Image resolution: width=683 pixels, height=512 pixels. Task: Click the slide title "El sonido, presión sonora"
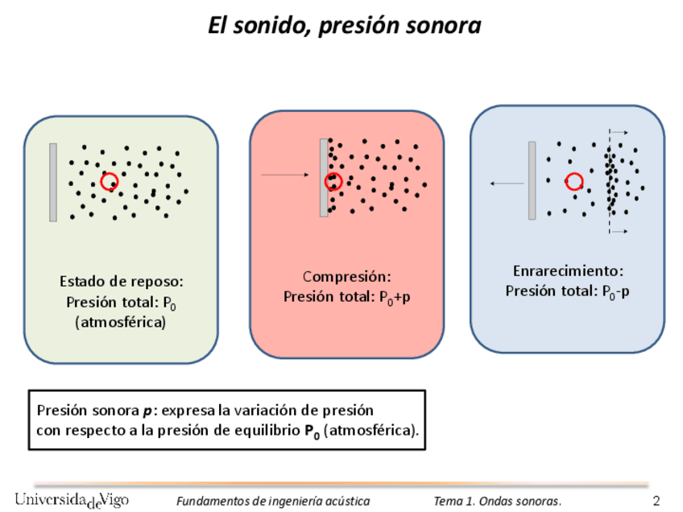tap(344, 26)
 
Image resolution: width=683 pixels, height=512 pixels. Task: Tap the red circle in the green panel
tap(110, 181)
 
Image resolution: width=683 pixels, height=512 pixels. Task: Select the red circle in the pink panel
tap(333, 182)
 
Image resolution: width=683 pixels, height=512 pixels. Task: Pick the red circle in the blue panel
tap(574, 182)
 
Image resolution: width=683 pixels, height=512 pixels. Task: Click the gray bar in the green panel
tap(53, 182)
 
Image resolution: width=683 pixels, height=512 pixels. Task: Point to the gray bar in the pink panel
tap(324, 177)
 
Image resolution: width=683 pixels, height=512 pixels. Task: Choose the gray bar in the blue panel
tap(532, 180)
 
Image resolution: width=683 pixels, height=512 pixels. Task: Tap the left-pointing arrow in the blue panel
tap(507, 184)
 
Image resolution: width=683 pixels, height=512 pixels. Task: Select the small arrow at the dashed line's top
tap(619, 131)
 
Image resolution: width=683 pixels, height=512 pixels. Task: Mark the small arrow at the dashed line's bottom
tap(619, 232)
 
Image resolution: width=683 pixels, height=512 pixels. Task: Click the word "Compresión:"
tap(347, 277)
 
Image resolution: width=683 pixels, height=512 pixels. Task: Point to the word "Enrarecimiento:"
tap(569, 270)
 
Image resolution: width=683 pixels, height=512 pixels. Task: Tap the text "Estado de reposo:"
tap(122, 282)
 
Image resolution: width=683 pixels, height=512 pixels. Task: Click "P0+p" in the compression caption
tap(395, 297)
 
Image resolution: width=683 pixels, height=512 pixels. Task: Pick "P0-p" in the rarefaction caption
tap(616, 291)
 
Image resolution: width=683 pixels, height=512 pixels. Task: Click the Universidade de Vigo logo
tap(71, 499)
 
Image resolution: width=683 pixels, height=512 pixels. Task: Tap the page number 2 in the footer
tap(656, 501)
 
